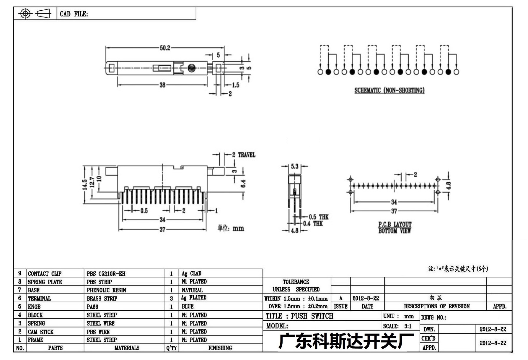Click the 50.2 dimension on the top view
coord(165,48)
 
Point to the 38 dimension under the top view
coord(162,85)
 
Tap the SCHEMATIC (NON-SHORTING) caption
coord(390,90)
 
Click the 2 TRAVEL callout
coord(244,155)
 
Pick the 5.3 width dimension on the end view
coord(295,166)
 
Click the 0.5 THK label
coord(319,217)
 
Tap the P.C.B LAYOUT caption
coord(395,225)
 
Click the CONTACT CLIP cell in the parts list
coord(45,274)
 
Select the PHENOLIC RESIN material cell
coord(106,290)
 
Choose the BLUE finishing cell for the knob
coord(188,307)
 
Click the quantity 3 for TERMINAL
coord(171,299)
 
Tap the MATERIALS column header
coord(127,348)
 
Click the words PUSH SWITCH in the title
coord(312,316)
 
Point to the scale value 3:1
coord(408,326)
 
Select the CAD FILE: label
coord(74,14)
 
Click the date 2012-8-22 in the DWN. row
coord(493,329)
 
